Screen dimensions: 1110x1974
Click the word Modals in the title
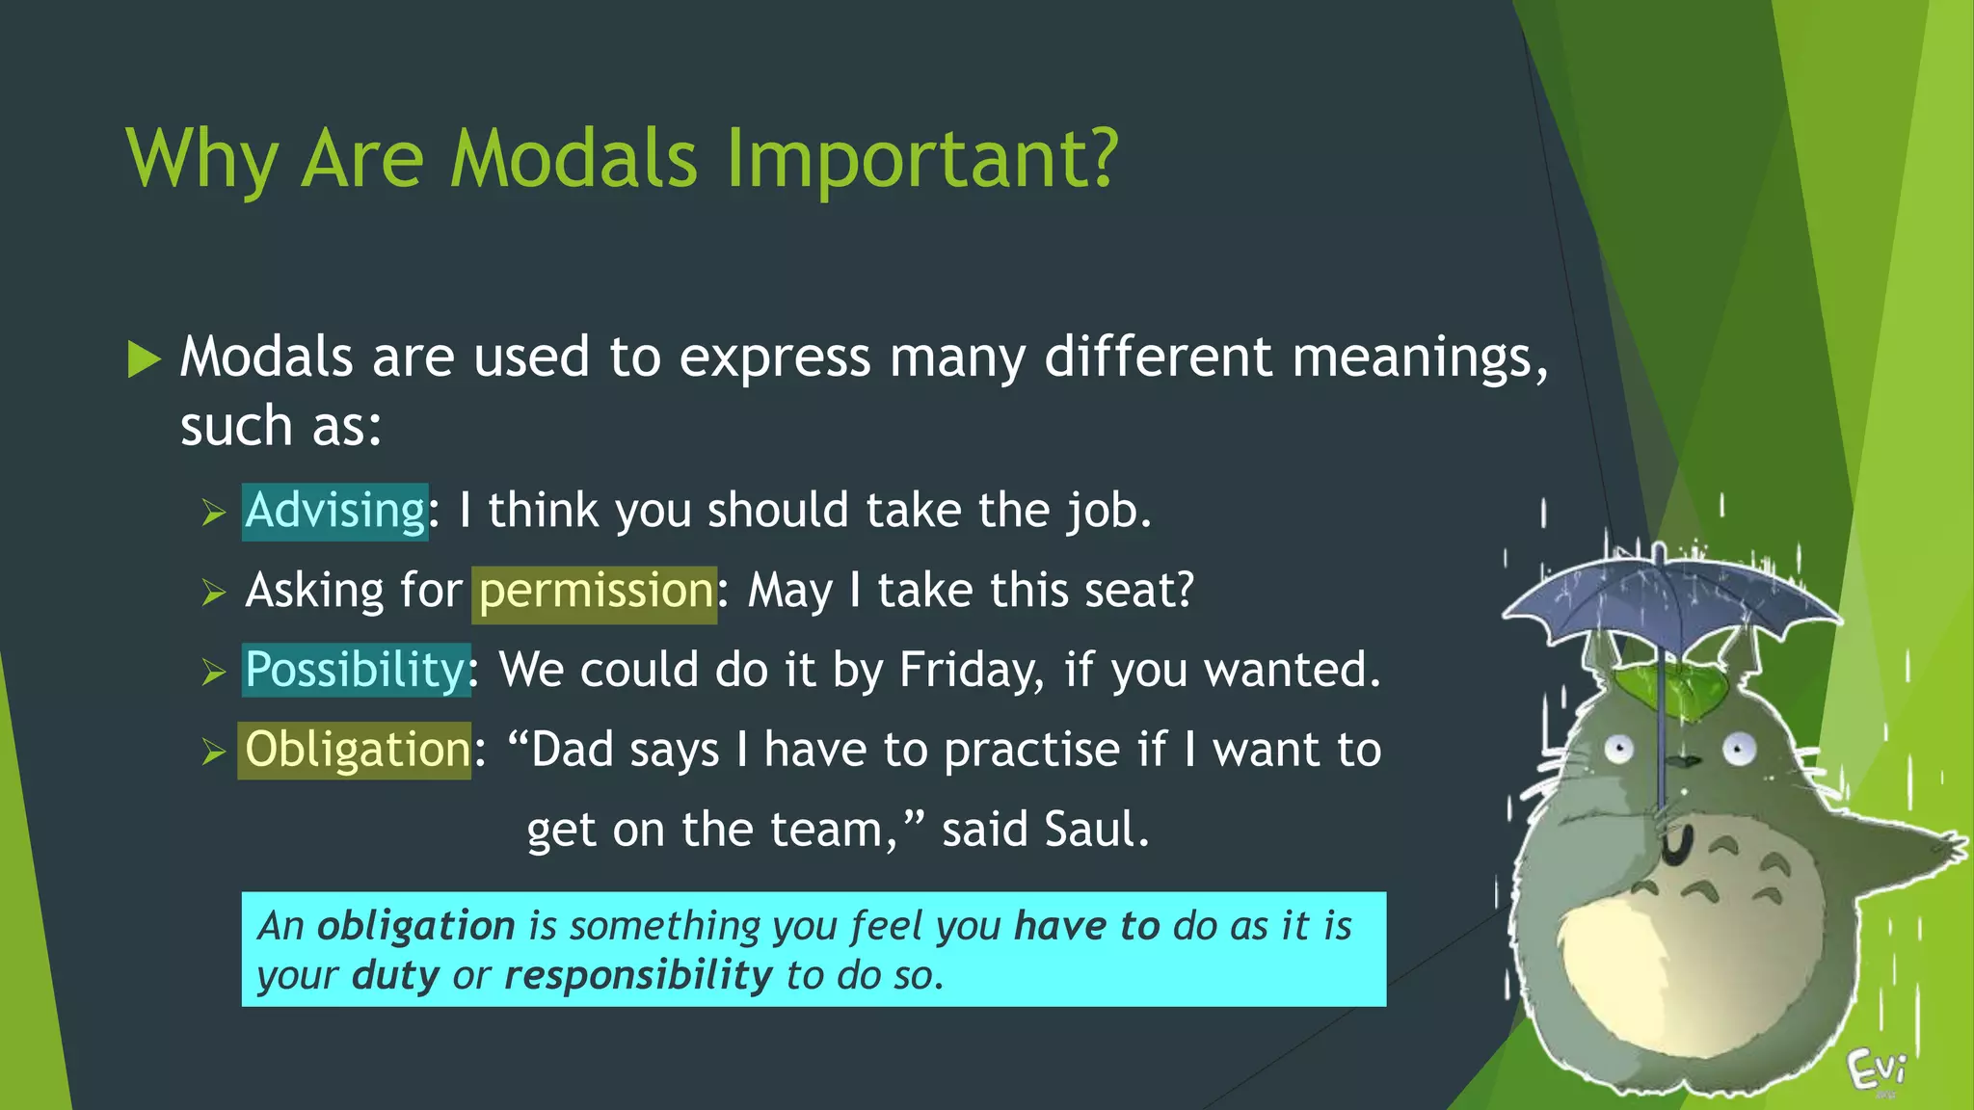point(574,159)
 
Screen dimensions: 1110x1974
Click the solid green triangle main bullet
point(144,360)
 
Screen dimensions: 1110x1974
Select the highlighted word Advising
point(334,511)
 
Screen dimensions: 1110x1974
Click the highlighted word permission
point(595,592)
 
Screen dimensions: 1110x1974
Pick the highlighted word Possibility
point(356,671)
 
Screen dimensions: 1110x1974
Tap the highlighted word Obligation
point(356,751)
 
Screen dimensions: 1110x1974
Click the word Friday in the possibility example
point(968,671)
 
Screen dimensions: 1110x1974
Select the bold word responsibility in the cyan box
point(638,976)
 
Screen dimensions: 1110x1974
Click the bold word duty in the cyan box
point(395,976)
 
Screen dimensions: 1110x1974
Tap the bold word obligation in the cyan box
point(415,926)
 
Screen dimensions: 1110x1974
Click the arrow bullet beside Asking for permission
point(214,593)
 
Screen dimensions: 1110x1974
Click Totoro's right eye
point(1739,748)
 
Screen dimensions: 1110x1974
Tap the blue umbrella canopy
point(1667,597)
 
